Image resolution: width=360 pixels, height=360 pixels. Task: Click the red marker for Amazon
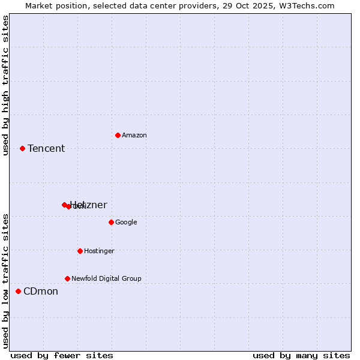(x=118, y=135)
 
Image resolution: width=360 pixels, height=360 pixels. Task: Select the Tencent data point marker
(x=22, y=148)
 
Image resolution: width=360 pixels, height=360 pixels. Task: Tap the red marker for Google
(x=111, y=222)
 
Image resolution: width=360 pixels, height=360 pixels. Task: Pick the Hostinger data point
(x=80, y=251)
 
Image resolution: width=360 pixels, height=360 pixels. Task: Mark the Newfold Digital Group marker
(x=67, y=278)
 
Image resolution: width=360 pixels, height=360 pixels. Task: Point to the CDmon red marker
(x=18, y=291)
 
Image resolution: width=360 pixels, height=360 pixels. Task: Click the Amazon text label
(x=134, y=136)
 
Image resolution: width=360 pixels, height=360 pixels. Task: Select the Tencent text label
(x=46, y=149)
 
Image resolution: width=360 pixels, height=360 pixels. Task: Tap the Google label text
(x=126, y=223)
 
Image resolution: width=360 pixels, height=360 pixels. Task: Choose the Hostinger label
(x=99, y=251)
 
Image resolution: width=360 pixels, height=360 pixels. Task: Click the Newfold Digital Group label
(x=106, y=279)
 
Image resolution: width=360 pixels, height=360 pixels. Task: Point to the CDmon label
(x=41, y=292)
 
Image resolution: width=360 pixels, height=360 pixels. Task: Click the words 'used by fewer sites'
(x=62, y=356)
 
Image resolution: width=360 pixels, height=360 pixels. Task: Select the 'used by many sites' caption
(x=301, y=356)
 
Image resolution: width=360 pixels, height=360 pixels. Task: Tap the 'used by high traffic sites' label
(x=6, y=85)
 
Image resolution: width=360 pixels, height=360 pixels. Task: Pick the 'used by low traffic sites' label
(x=6, y=281)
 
